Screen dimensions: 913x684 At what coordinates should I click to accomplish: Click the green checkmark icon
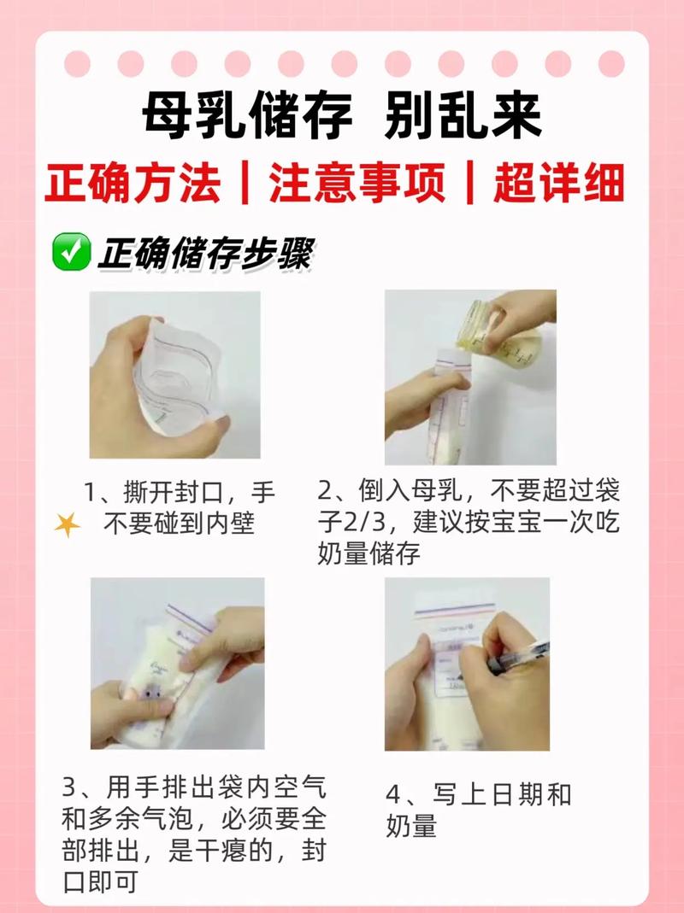click(71, 254)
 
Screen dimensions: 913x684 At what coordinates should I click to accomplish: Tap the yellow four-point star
click(67, 525)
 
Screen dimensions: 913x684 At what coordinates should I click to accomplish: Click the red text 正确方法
click(134, 184)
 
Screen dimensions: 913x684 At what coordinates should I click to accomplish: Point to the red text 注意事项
click(357, 184)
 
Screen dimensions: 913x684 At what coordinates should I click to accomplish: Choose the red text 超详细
click(558, 184)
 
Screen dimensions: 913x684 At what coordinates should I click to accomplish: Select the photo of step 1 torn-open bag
click(174, 375)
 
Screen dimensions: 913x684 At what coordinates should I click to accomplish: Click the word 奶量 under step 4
click(411, 827)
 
